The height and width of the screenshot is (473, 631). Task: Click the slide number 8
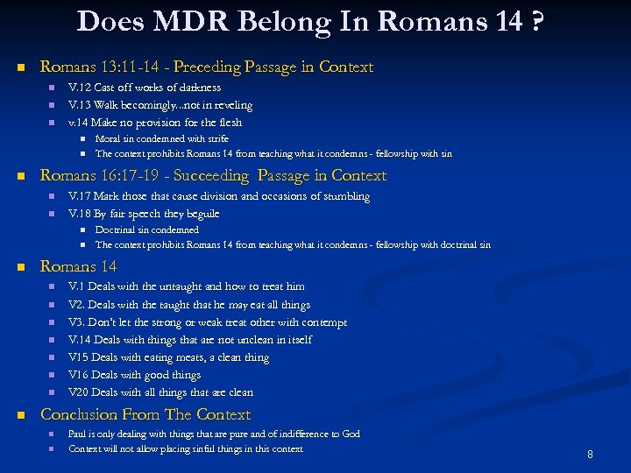click(590, 455)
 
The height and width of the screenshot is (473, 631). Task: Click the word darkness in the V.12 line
click(197, 88)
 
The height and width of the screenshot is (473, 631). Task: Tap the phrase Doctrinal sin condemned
click(147, 229)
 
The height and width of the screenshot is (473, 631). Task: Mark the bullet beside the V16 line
click(52, 375)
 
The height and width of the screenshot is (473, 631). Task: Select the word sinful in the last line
click(210, 448)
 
